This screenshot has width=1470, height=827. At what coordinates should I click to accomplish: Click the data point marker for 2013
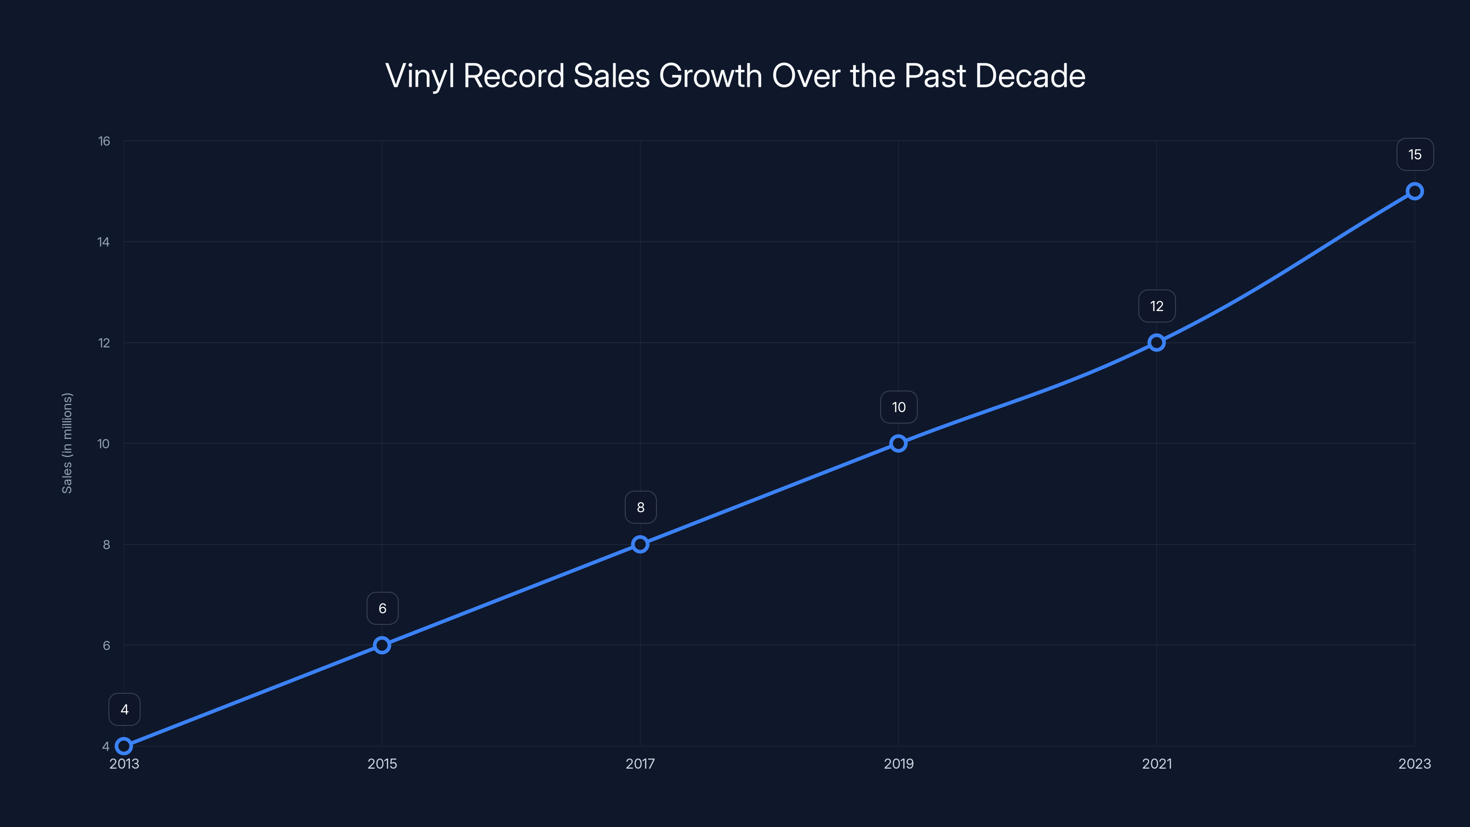[124, 746]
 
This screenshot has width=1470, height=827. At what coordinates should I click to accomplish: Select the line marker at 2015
[382, 646]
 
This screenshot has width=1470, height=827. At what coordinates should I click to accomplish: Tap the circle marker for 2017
[640, 544]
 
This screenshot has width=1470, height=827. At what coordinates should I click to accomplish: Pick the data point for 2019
[898, 443]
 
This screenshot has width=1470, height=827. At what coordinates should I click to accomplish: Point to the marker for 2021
[1157, 342]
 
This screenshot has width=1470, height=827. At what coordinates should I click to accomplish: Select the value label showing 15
[1415, 155]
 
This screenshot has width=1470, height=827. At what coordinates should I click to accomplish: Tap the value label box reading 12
[1157, 306]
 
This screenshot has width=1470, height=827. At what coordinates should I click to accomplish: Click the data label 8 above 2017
[640, 507]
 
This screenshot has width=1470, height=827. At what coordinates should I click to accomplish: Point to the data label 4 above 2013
[124, 709]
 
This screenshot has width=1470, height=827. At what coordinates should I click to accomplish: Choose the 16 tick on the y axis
[104, 141]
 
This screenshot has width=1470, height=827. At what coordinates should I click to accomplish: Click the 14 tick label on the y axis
[103, 242]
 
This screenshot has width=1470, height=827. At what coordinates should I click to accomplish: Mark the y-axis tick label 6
[106, 646]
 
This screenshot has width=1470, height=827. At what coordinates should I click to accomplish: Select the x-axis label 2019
[898, 764]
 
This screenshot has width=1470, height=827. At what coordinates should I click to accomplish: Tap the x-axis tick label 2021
[1157, 764]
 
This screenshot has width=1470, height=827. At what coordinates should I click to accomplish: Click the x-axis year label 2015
[382, 764]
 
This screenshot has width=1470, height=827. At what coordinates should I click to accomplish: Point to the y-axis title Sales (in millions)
[68, 443]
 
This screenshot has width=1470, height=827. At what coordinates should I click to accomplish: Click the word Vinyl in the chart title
[419, 76]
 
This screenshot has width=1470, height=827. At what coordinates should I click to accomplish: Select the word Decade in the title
[1030, 76]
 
